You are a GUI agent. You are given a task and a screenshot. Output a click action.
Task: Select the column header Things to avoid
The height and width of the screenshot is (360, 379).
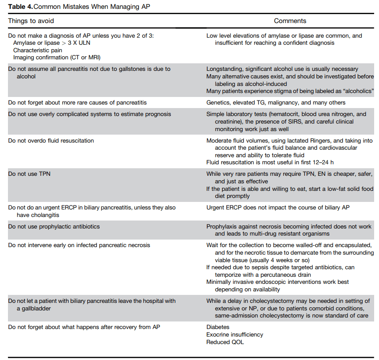tap(31, 21)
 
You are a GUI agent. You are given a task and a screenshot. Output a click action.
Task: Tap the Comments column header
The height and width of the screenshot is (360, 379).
tap(290, 21)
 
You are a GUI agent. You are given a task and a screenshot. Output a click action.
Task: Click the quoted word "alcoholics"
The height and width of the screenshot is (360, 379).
tap(356, 91)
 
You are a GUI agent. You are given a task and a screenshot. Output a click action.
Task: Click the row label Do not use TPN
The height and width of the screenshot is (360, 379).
tap(29, 174)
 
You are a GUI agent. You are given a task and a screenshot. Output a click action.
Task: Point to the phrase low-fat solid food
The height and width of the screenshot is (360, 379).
tap(337, 189)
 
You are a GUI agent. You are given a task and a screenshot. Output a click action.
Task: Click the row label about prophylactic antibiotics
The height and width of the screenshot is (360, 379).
tap(54, 227)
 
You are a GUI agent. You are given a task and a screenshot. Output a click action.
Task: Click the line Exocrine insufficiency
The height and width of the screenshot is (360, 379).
tap(235, 335)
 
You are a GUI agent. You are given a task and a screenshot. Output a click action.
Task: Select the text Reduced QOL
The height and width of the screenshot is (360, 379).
tap(225, 342)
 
